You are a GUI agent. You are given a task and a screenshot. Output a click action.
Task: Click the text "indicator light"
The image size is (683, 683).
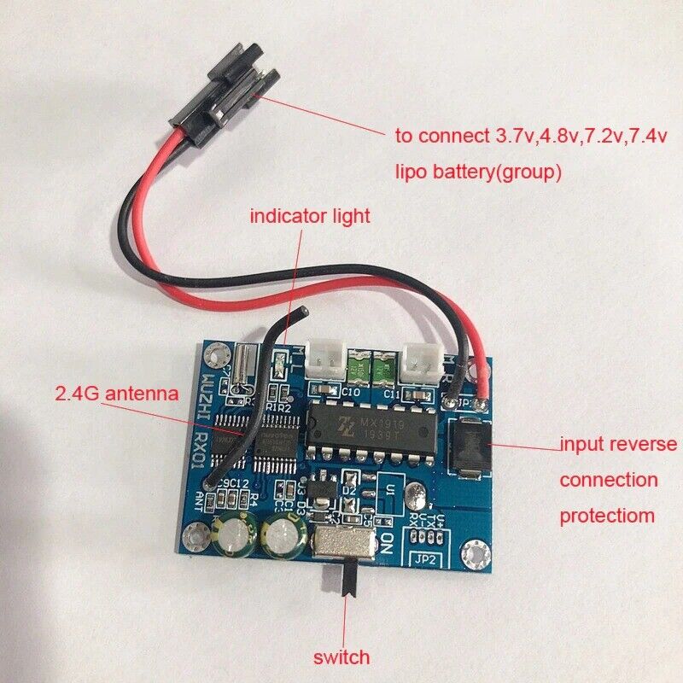coord(310,216)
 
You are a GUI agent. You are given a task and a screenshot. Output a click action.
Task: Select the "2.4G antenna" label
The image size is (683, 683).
coord(116,394)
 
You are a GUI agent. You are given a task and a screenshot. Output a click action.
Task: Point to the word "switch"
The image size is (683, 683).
coord(341,657)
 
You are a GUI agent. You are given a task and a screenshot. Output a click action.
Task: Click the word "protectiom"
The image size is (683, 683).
coord(608,516)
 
